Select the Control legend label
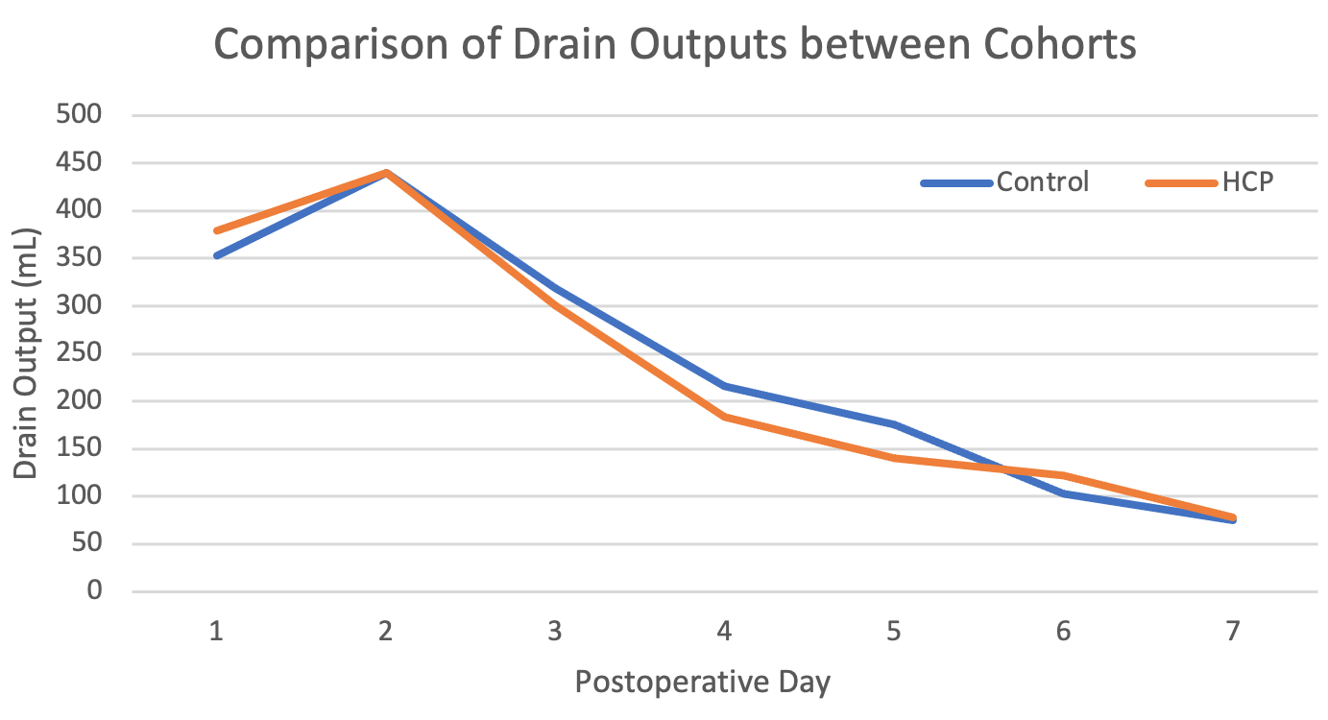click(1043, 181)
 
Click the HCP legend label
click(1247, 181)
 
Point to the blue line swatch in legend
click(956, 182)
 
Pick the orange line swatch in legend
click(1182, 182)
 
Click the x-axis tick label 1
click(217, 631)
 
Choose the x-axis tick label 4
click(725, 631)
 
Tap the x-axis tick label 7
click(1233, 631)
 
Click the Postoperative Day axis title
click(702, 683)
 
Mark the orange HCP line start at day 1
click(217, 231)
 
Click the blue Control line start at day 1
click(217, 255)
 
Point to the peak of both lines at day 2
click(386, 173)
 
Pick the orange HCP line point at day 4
click(725, 417)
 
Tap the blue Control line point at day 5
click(894, 424)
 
